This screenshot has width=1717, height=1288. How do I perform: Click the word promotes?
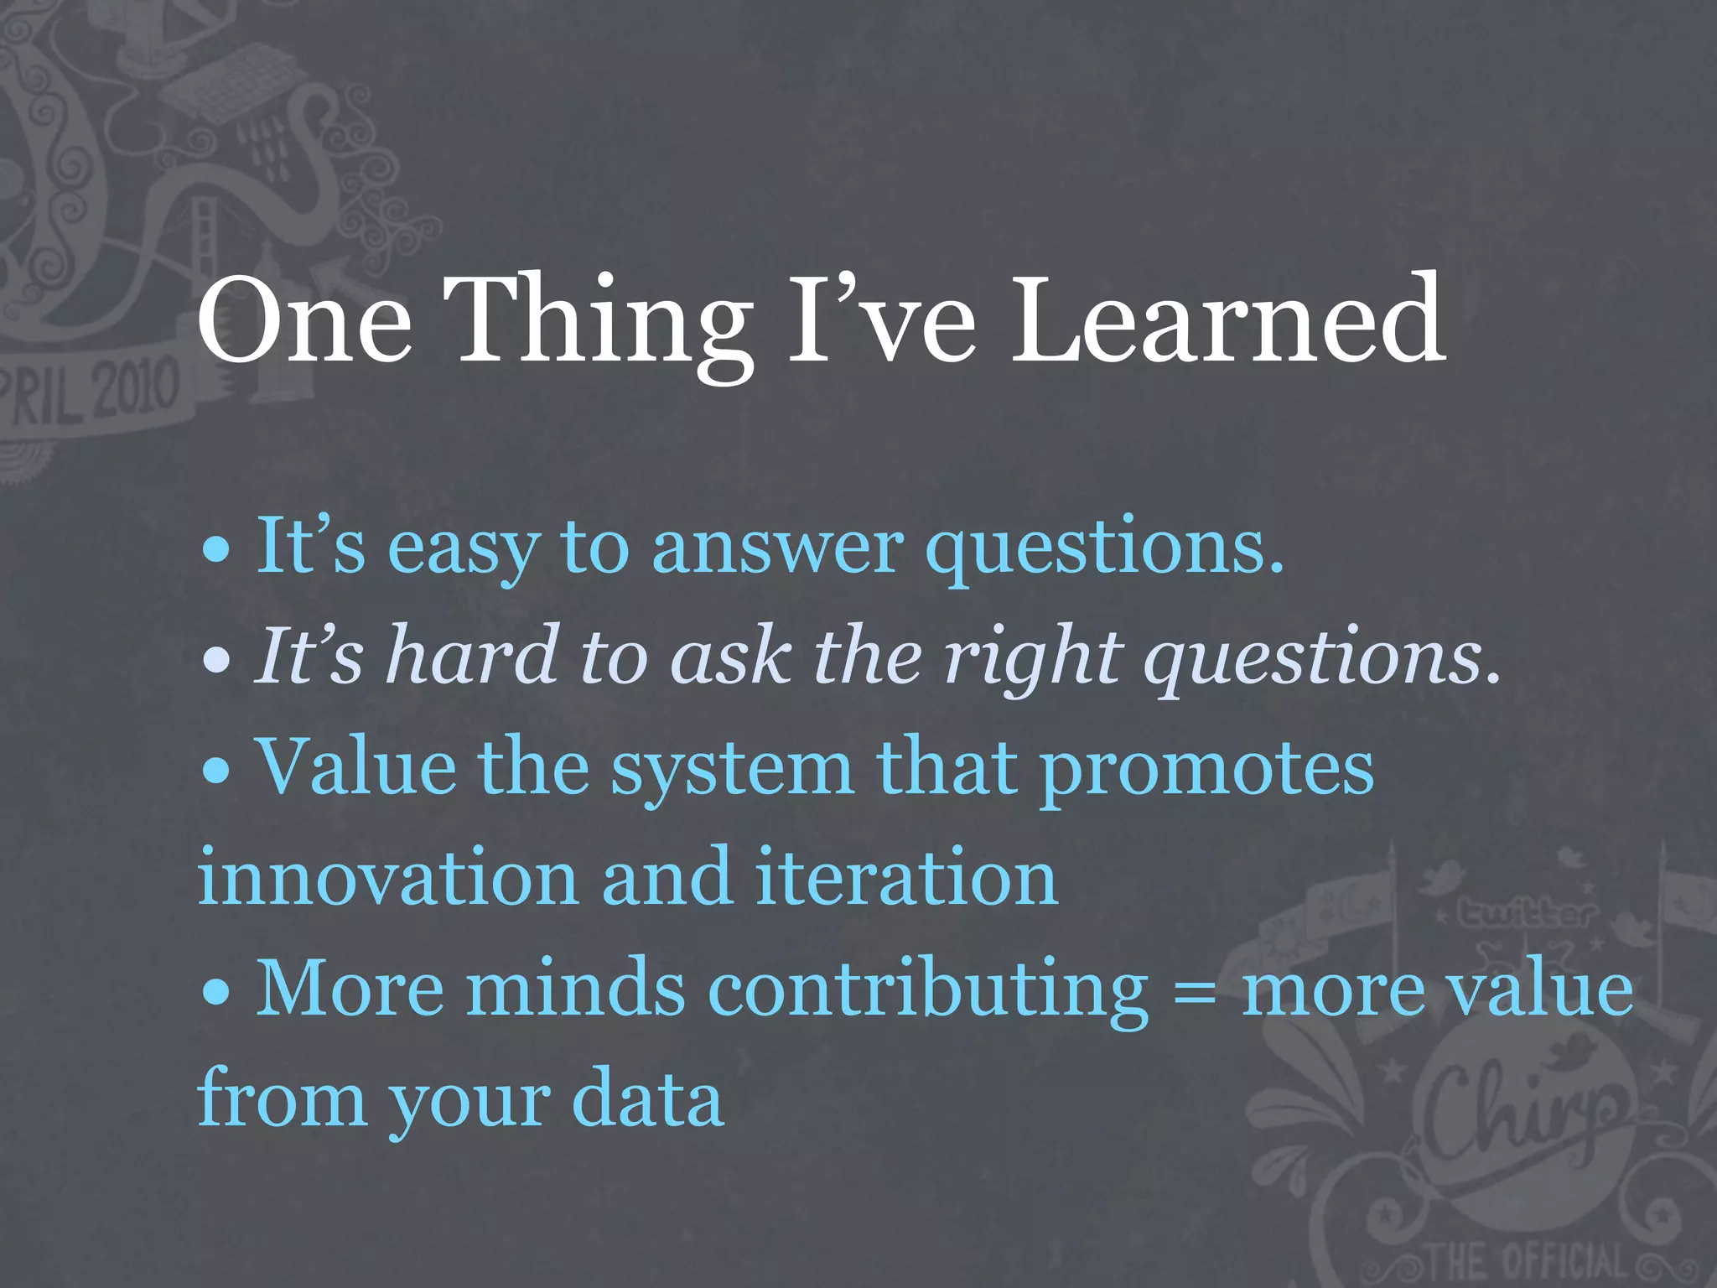[x=1206, y=771]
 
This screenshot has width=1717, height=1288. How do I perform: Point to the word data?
[x=647, y=1098]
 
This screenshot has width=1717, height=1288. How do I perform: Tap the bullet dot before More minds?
[x=217, y=992]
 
